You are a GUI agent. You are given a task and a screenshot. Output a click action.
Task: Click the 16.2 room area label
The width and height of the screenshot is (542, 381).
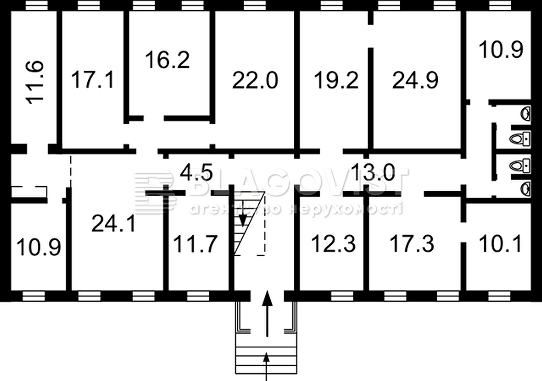(x=167, y=60)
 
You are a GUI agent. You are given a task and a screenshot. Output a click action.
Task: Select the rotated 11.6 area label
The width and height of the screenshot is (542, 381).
(x=35, y=82)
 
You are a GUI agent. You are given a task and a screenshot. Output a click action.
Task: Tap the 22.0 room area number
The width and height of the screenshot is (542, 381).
(x=255, y=80)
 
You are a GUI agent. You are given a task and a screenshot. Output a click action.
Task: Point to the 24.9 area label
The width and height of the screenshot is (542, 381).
(x=415, y=80)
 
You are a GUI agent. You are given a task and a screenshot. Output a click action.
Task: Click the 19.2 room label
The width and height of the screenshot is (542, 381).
(x=336, y=80)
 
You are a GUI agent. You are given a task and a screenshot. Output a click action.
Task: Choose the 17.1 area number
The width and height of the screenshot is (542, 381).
(x=93, y=79)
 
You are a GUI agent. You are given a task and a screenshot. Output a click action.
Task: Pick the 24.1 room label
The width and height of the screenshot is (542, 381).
(x=113, y=223)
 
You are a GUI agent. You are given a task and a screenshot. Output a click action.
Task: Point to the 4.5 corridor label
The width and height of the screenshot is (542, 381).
(x=196, y=172)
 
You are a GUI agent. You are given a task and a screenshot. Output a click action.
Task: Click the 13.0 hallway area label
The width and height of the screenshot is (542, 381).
(x=373, y=172)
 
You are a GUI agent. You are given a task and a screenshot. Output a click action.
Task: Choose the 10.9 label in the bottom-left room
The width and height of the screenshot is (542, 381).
(x=39, y=247)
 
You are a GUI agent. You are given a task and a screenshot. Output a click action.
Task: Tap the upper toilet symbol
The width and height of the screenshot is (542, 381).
(x=520, y=139)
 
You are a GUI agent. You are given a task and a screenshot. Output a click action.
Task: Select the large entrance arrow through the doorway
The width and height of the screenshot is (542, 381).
(x=267, y=314)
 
